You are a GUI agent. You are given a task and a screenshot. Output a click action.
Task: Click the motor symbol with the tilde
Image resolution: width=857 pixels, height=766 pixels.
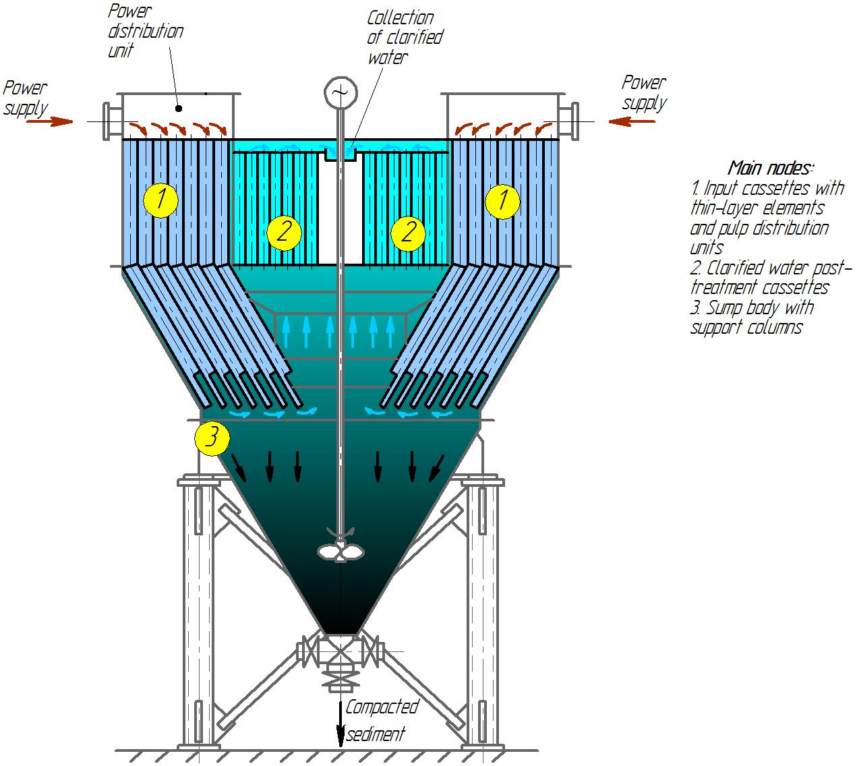click(341, 92)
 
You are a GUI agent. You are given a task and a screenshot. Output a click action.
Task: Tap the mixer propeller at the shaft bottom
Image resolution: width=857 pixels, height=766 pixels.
click(341, 550)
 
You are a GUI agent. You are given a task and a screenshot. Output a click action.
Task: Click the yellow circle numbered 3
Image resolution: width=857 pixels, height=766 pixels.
click(212, 438)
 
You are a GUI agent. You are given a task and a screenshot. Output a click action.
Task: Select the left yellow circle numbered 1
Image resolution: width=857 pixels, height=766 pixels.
click(160, 200)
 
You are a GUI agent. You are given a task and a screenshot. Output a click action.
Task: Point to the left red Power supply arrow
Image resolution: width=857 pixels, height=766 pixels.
click(49, 122)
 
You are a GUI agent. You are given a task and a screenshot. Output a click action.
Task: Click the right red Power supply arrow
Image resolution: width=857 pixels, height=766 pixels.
click(632, 122)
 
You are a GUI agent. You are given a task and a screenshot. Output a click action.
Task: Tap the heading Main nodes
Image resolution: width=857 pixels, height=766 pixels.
click(770, 168)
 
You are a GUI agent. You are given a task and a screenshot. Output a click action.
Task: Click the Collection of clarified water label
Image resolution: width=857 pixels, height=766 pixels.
click(405, 37)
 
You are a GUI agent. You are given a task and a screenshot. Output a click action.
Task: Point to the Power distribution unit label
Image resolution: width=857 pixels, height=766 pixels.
click(146, 31)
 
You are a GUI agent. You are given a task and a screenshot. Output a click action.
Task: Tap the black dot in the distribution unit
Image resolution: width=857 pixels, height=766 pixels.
click(179, 109)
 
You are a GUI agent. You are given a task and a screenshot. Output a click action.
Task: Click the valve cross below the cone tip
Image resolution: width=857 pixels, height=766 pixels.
click(341, 651)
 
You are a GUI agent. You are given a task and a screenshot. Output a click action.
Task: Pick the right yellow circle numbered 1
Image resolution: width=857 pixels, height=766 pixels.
click(502, 202)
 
